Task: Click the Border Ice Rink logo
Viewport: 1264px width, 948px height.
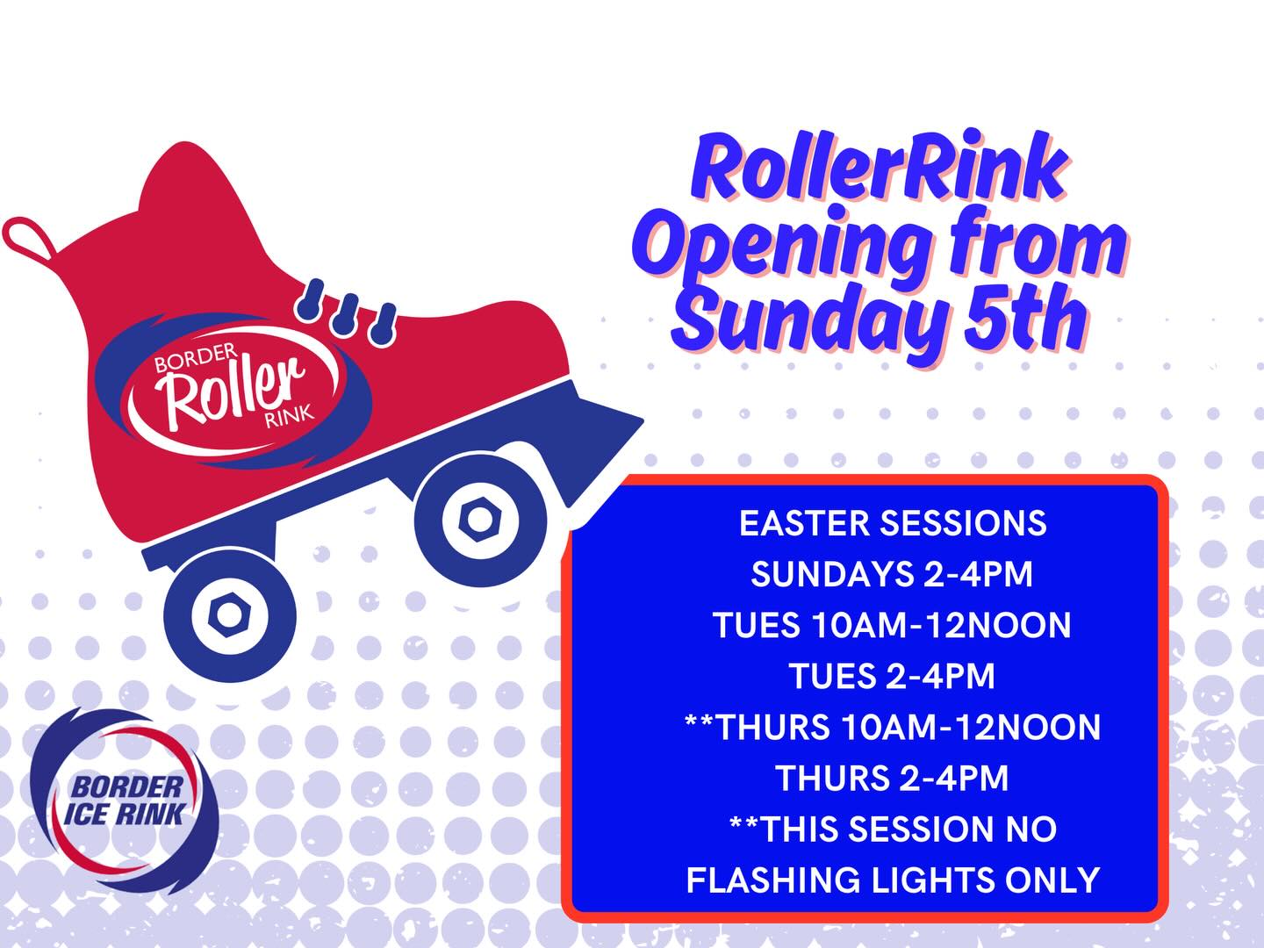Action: [124, 800]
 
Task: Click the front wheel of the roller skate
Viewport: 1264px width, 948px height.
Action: [478, 519]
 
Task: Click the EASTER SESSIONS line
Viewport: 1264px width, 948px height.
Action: [893, 523]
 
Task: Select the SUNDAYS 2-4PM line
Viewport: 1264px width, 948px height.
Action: [892, 574]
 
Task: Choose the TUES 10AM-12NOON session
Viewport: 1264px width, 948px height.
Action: [892, 625]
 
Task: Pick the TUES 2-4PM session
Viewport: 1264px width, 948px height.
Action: [892, 676]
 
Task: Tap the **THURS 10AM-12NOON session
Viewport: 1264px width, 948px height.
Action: [892, 727]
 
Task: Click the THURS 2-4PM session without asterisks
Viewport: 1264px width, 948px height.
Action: [892, 778]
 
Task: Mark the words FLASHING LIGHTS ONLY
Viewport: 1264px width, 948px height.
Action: [892, 880]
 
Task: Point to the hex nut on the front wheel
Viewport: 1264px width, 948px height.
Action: [478, 519]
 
